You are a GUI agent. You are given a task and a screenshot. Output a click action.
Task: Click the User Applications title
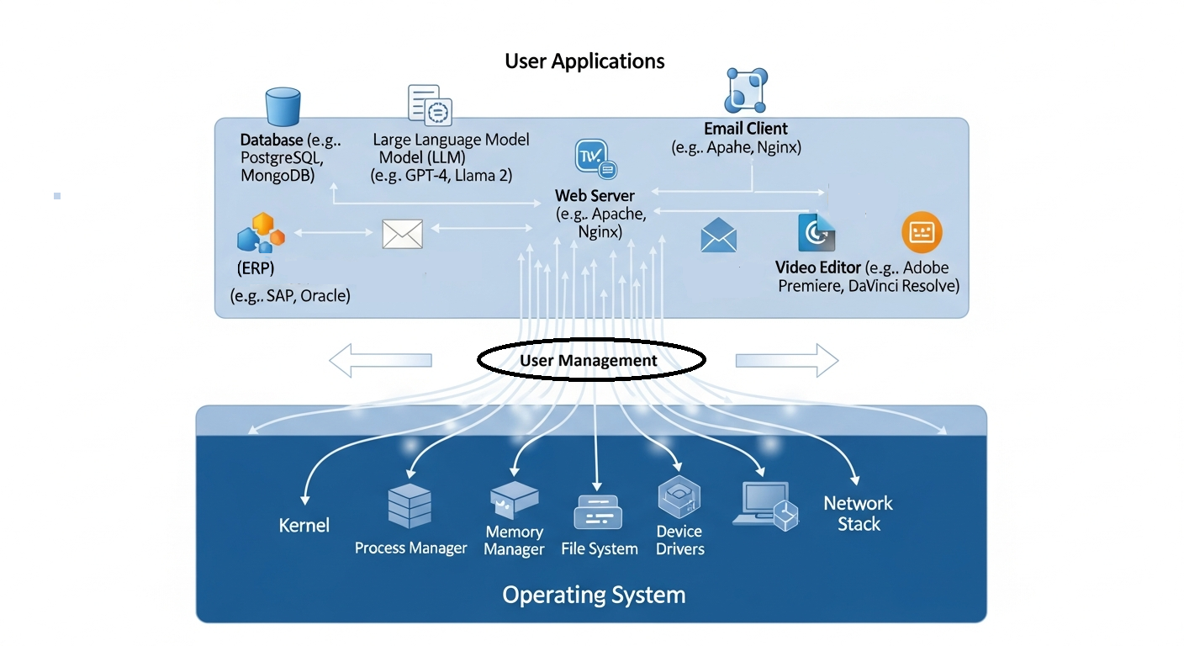[584, 61]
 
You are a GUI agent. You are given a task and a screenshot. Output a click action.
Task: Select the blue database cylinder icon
[283, 108]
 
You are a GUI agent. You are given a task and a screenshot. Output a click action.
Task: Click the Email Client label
[746, 129]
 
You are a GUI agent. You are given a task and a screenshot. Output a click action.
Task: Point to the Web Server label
[595, 196]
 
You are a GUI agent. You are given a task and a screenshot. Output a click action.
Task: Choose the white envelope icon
[402, 234]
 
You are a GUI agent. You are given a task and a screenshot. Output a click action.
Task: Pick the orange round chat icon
[922, 232]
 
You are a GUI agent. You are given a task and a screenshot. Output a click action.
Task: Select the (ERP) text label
[256, 269]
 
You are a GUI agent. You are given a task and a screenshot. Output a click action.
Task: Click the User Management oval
[590, 361]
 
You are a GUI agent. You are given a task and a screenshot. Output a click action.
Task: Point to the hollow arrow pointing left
[380, 361]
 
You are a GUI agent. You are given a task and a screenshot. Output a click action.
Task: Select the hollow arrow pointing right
[787, 361]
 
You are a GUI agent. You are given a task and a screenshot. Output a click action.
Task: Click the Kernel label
[304, 526]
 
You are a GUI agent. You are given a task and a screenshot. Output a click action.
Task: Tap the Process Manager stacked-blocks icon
[410, 506]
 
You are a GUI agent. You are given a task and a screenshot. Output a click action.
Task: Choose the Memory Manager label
[514, 541]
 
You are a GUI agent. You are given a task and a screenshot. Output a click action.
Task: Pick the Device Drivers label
[679, 540]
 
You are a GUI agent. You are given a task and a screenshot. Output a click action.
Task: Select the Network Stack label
[858, 513]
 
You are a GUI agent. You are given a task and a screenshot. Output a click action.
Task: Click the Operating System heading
[594, 596]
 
